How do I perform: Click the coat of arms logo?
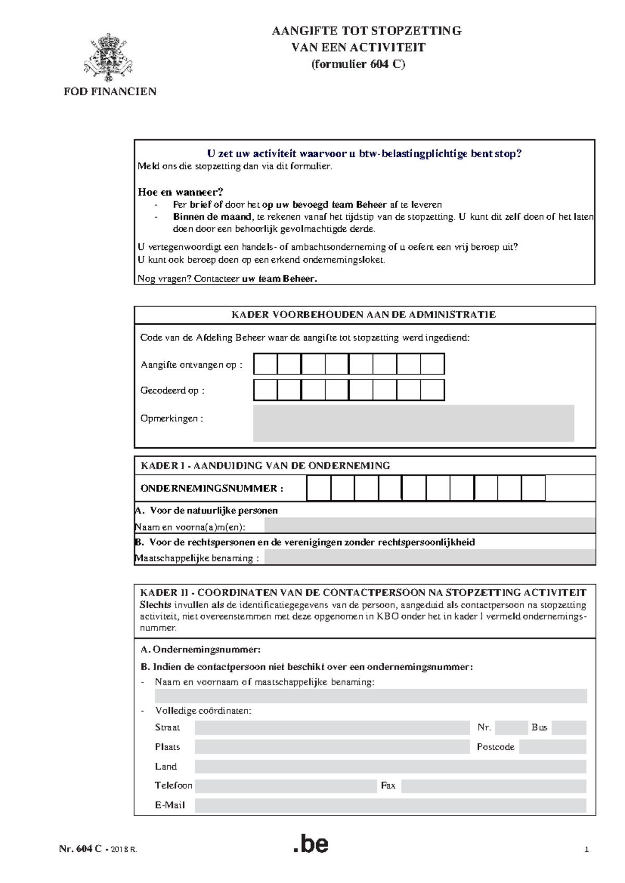[108, 57]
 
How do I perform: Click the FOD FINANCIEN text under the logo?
[110, 92]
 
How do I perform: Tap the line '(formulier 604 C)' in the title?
[358, 64]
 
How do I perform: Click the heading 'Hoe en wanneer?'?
[180, 192]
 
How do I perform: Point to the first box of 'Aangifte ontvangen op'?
[266, 364]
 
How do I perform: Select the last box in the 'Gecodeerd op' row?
[432, 390]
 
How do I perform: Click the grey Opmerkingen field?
[414, 423]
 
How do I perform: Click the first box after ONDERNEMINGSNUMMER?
[319, 488]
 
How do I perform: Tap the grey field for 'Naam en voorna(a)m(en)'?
[430, 525]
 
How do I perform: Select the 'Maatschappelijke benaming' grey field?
[430, 557]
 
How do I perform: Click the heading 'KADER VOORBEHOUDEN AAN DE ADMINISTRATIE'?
[364, 314]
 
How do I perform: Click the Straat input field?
[332, 727]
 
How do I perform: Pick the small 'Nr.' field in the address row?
[511, 727]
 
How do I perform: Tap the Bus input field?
[569, 727]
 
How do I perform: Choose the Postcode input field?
[553, 747]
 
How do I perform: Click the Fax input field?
[494, 786]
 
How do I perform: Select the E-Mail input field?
[390, 805]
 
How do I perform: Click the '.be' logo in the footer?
[311, 844]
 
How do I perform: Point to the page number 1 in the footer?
[586, 850]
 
